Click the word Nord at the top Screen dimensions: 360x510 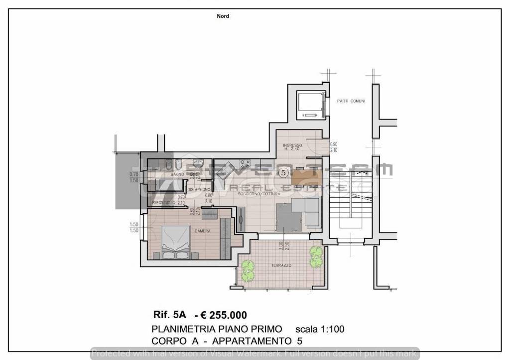coord(223,16)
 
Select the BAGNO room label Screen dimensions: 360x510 coord(177,174)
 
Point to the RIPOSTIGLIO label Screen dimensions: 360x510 coord(164,203)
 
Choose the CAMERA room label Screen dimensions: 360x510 coord(202,231)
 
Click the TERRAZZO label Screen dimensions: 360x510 coord(281,266)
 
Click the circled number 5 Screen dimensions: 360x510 coord(283,173)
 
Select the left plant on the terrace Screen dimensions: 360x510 coord(247,270)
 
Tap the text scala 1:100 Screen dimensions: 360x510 coord(320,329)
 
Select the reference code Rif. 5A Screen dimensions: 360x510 coord(170,315)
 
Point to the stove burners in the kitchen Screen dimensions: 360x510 coord(244,162)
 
